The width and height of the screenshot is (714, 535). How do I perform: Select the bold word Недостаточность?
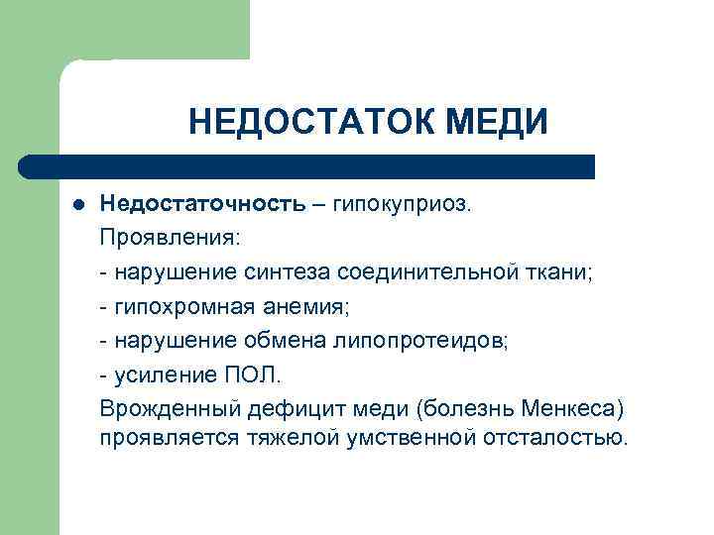click(x=202, y=204)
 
